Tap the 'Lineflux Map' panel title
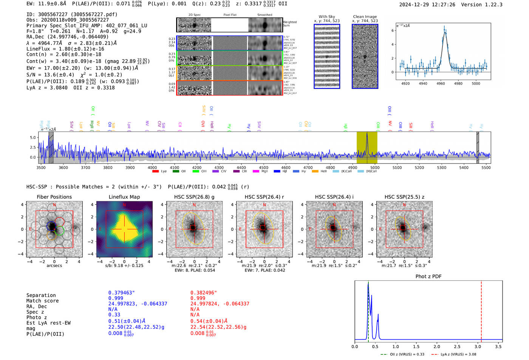pyautogui.click(x=124, y=197)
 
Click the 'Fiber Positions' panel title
pyautogui.click(x=54, y=197)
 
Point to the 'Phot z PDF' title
pyautogui.click(x=428, y=276)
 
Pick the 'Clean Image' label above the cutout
pyautogui.click(x=365, y=17)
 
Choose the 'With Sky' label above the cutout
pyautogui.click(x=326, y=17)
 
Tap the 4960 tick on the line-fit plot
pyautogui.click(x=441, y=83)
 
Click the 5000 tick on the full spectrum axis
pyautogui.click(x=374, y=167)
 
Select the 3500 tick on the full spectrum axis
pyautogui.click(x=41, y=167)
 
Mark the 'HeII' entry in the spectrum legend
pyautogui.click(x=324, y=171)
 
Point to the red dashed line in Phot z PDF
pyautogui.click(x=481, y=310)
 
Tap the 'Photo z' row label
pyautogui.click(x=37, y=317)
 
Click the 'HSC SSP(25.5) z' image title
pyautogui.click(x=404, y=197)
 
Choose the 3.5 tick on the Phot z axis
pyautogui.click(x=498, y=346)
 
